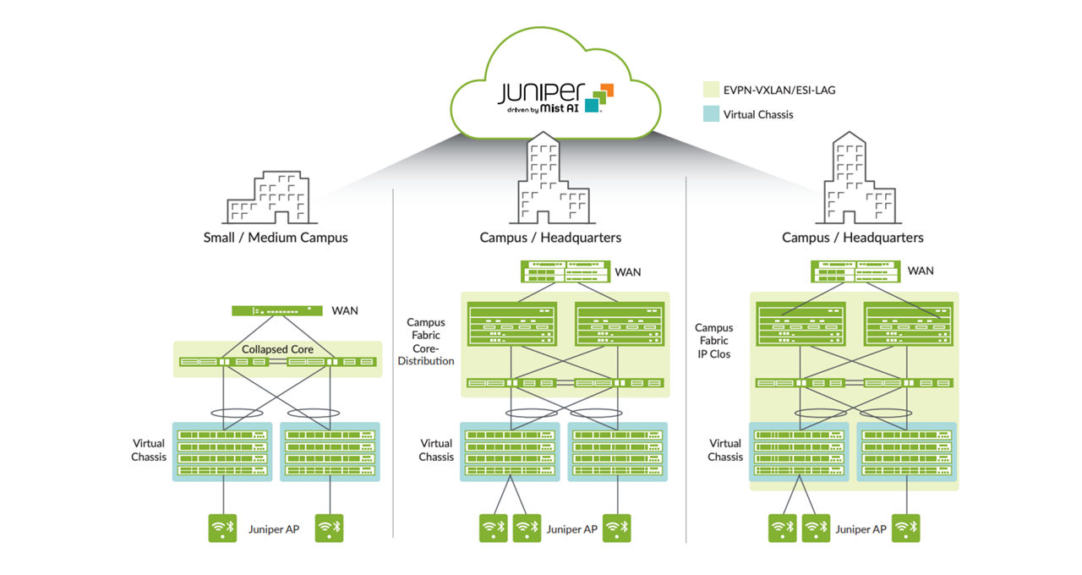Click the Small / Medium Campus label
(x=276, y=238)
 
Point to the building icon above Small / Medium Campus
(x=266, y=197)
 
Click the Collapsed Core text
(x=277, y=349)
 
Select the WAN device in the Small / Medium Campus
(x=276, y=311)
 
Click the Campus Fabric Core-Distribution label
(x=430, y=342)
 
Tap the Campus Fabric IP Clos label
(x=713, y=341)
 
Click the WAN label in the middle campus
(x=627, y=271)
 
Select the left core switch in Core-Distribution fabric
(x=511, y=323)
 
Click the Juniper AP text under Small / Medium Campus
(x=274, y=529)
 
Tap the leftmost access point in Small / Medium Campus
(x=223, y=528)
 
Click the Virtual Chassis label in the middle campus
(x=436, y=450)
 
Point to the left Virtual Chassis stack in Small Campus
(x=222, y=452)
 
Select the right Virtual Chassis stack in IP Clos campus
(x=907, y=452)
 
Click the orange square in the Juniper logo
(x=604, y=90)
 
